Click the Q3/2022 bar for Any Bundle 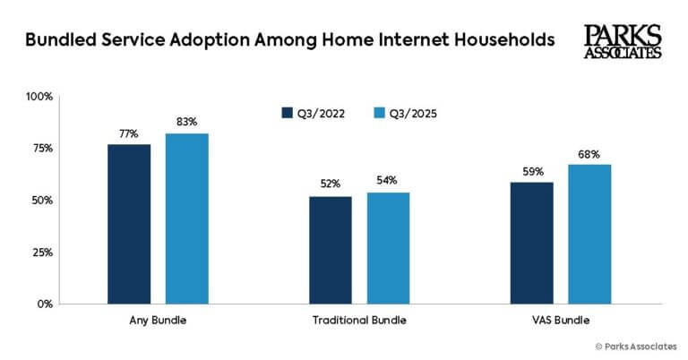pyautogui.click(x=128, y=224)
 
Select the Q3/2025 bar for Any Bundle pyautogui.click(x=186, y=219)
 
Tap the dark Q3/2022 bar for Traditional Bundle pyautogui.click(x=330, y=250)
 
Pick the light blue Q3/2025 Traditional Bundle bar pyautogui.click(x=388, y=248)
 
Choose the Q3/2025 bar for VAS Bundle pyautogui.click(x=589, y=234)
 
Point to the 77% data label pyautogui.click(x=128, y=134)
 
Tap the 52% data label pyautogui.click(x=330, y=185)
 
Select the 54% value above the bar pyautogui.click(x=388, y=181)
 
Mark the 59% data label pyautogui.click(x=531, y=171)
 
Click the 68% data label pyautogui.click(x=589, y=153)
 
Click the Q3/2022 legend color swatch pyautogui.click(x=288, y=114)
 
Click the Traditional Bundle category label pyautogui.click(x=359, y=320)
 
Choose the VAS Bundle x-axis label pyautogui.click(x=561, y=320)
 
